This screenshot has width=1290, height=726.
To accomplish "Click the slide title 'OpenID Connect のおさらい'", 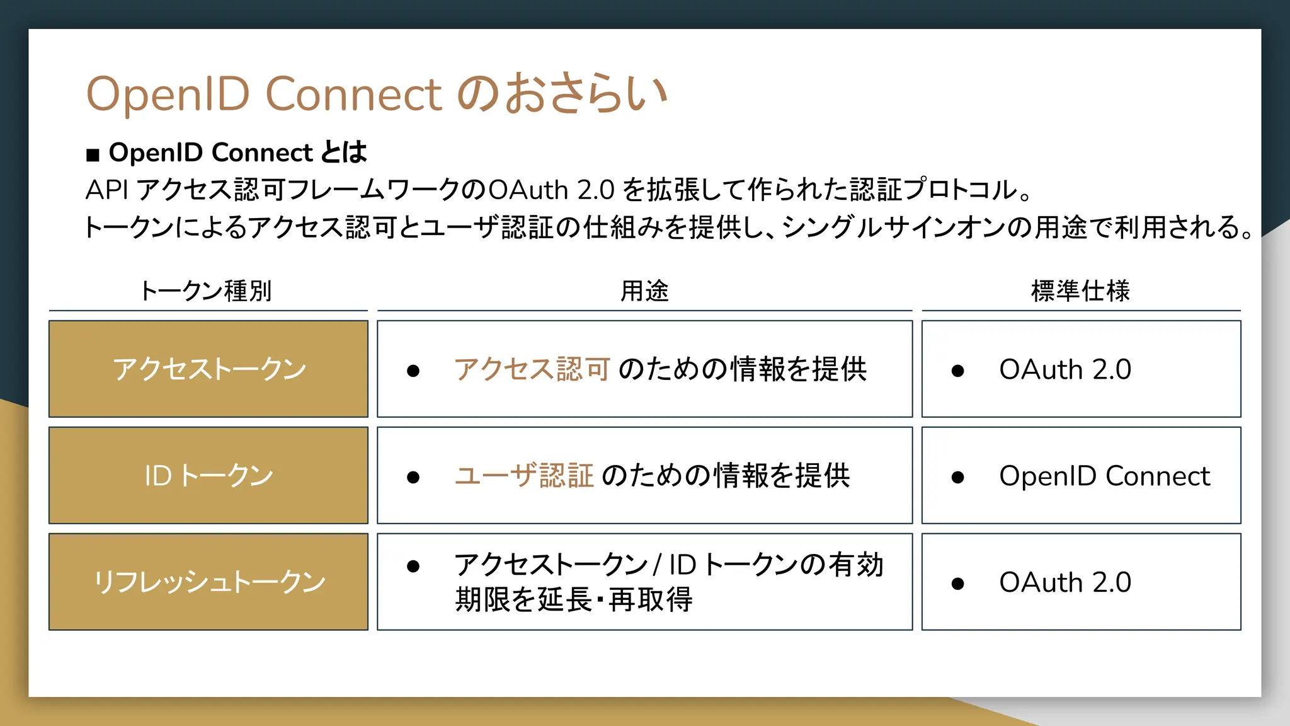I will coord(376,94).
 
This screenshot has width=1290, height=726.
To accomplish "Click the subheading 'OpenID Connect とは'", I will coord(237,153).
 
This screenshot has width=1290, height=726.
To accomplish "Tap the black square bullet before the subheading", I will coord(93,154).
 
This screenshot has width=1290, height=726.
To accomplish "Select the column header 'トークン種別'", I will coord(206,291).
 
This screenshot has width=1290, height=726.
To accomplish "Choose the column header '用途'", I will coord(644,291).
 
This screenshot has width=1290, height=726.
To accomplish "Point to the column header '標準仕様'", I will coord(1080,291).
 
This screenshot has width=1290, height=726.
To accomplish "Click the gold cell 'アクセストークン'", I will coord(208,369).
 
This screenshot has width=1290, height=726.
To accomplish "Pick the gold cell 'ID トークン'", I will coord(208,476).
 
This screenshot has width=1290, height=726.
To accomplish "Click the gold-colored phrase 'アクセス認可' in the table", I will coord(532,369).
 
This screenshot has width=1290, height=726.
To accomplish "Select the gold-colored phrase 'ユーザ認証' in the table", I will coord(524,476).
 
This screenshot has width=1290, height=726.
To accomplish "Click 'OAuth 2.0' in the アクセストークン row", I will coord(1065,369).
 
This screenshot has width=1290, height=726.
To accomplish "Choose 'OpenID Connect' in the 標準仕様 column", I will coord(1104,476).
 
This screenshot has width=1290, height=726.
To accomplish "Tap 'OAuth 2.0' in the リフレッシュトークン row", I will coord(1065,582).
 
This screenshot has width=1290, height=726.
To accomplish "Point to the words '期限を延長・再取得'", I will coord(574,599).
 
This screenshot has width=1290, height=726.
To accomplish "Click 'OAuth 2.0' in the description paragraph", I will coord(551,190).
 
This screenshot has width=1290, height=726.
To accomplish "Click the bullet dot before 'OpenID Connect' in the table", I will coord(958,478).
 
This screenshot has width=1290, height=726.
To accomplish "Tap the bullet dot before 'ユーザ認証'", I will coord(413,478).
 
